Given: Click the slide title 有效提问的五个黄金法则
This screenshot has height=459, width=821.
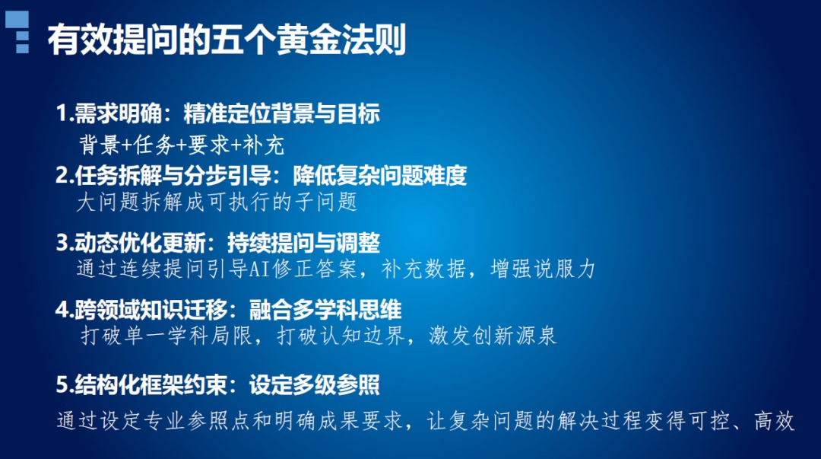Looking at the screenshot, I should pyautogui.click(x=227, y=40).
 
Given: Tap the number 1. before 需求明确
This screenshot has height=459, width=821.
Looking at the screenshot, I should pyautogui.click(x=64, y=115).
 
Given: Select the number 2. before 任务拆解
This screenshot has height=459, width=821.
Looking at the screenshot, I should pyautogui.click(x=64, y=176).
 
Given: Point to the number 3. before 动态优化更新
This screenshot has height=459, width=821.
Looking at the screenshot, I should pyautogui.click(x=64, y=244).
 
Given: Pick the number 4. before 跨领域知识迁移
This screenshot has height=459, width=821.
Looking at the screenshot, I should pyautogui.click(x=64, y=310).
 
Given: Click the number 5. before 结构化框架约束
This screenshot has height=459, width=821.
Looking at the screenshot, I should pyautogui.click(x=64, y=385).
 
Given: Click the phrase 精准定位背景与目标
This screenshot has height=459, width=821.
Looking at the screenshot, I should pyautogui.click(x=281, y=115).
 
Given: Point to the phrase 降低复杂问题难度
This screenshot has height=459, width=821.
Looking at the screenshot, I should pyautogui.click(x=379, y=176).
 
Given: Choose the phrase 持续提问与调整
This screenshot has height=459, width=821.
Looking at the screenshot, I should pyautogui.click(x=303, y=244).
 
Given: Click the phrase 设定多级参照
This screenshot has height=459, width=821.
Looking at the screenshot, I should pyautogui.click(x=314, y=385).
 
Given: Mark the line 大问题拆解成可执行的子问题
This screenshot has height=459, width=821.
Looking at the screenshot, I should pyautogui.click(x=217, y=203).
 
